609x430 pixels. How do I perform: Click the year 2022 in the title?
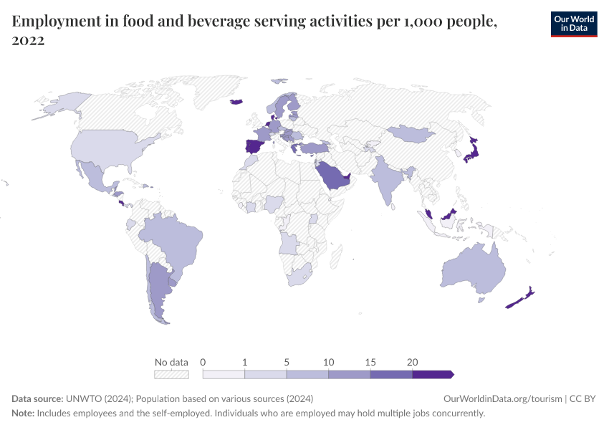(x=28, y=41)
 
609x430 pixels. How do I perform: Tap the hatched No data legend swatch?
(x=171, y=374)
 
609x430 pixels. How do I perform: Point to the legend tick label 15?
(x=370, y=362)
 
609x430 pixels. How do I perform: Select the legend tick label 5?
(x=287, y=362)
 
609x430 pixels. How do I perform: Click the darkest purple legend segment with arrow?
(x=432, y=374)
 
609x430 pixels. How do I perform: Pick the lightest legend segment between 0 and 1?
(x=224, y=374)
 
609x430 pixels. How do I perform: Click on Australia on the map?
(x=473, y=269)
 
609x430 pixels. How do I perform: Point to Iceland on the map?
(x=236, y=101)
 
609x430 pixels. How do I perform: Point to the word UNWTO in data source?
(x=81, y=398)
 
